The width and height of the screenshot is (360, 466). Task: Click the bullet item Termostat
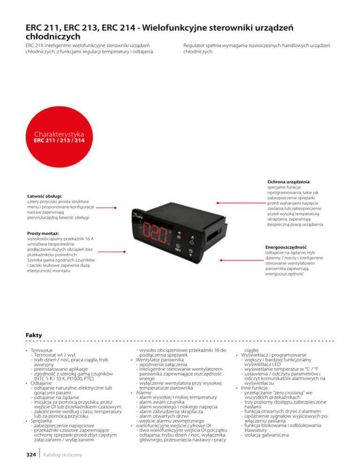(42, 350)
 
